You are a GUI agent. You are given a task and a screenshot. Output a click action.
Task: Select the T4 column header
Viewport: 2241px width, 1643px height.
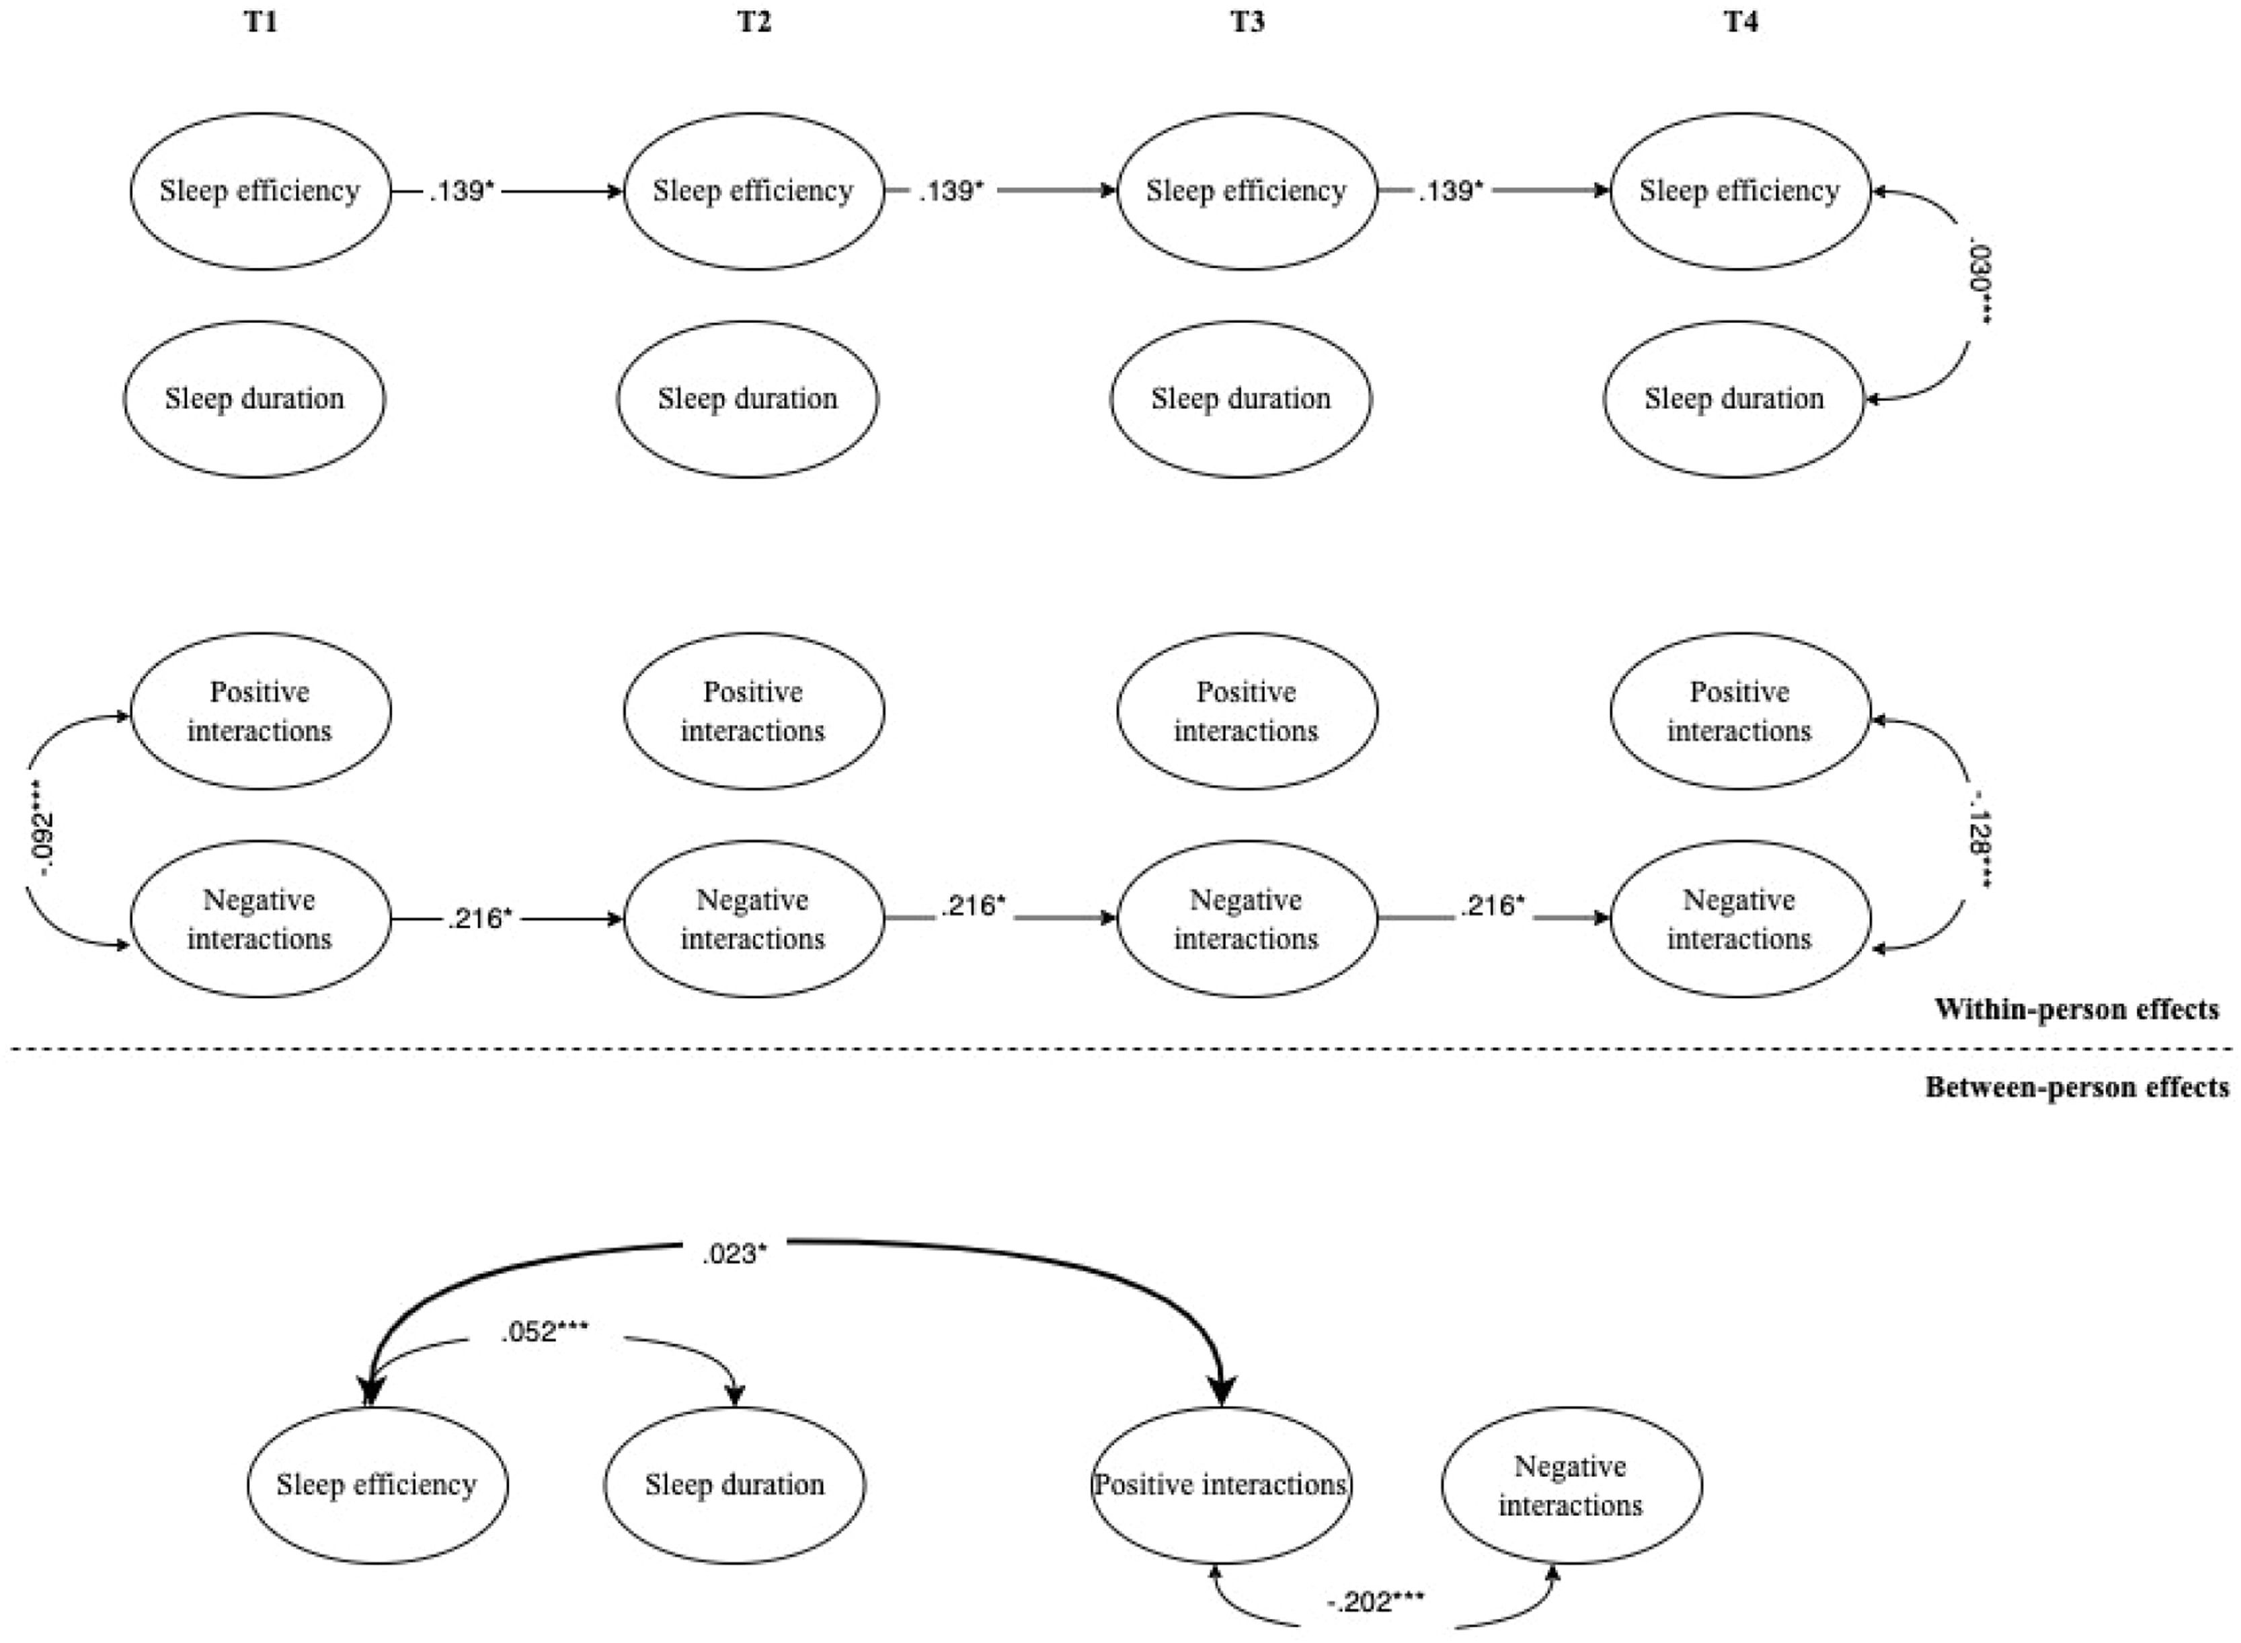tap(1740, 23)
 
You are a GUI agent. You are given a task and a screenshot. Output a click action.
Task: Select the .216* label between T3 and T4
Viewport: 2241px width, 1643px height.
tap(1491, 906)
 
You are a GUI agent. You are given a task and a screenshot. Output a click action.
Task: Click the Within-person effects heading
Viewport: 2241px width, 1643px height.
tap(2077, 1009)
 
